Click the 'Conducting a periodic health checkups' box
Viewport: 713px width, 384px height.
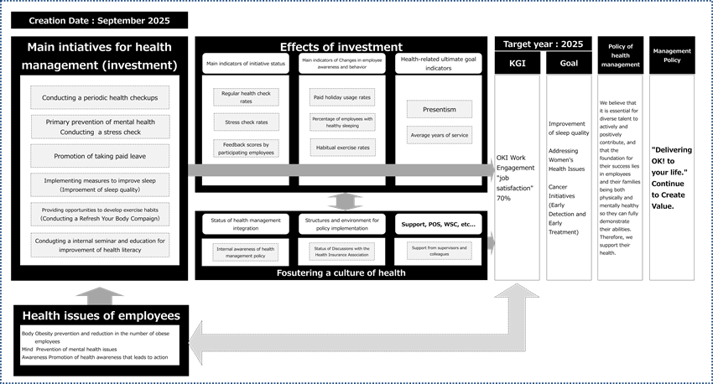(100, 98)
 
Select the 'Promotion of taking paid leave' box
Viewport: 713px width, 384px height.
(100, 157)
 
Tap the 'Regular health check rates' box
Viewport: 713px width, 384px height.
(245, 97)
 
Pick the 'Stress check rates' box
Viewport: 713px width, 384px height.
(245, 122)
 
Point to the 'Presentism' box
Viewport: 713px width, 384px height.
(439, 109)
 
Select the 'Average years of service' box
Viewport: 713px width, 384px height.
(439, 135)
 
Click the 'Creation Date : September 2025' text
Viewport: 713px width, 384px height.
(77, 18)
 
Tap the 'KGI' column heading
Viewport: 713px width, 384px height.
(518, 63)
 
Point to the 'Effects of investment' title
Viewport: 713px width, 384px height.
(341, 47)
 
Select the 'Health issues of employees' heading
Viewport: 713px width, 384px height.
(101, 315)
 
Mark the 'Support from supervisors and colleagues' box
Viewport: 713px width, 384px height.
(439, 249)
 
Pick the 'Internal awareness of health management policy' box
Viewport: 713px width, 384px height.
(245, 249)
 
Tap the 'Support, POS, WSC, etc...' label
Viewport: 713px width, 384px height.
(438, 225)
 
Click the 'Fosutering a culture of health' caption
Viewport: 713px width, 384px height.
(341, 272)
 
